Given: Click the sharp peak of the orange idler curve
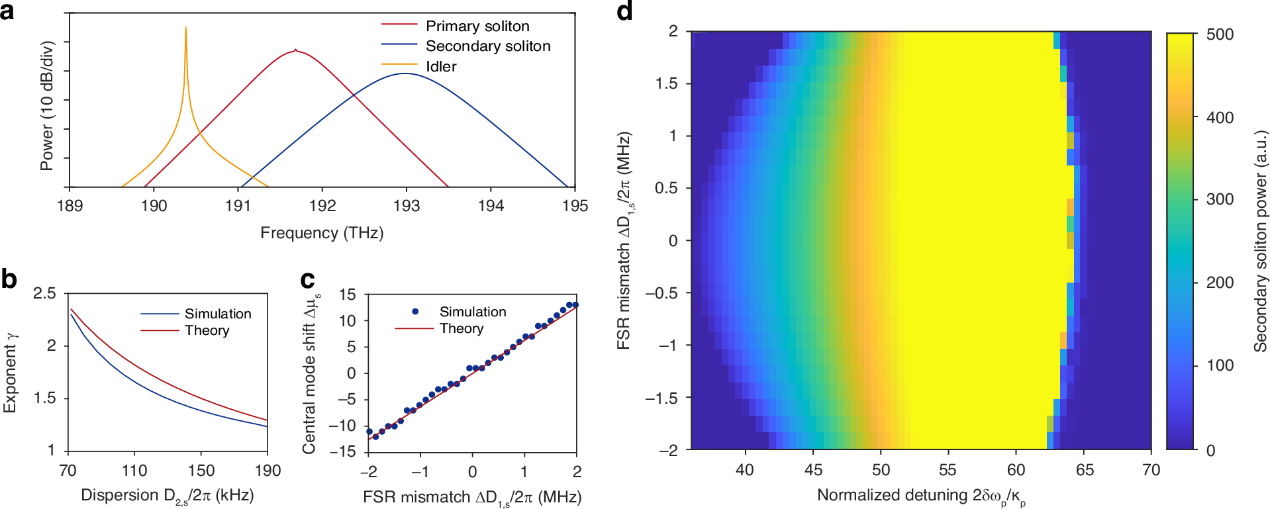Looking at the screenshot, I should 185,28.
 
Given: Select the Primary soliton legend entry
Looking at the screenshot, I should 477,26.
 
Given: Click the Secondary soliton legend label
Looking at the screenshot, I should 487,46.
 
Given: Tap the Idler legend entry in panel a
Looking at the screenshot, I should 440,67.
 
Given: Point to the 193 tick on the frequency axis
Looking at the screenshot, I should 406,206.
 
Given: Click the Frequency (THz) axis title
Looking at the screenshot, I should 322,233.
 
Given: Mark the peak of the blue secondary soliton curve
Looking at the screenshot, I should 405,73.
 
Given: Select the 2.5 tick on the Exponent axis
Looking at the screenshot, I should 45,293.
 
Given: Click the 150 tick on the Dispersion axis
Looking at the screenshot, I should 201,471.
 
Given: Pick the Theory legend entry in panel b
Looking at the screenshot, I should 207,330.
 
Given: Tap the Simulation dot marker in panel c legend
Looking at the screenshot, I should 415,311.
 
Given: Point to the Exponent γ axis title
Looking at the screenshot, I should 10,372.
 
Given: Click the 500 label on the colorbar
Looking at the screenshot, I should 1220,34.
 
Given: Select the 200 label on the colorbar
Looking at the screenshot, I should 1220,283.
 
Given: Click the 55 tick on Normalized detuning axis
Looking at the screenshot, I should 948,470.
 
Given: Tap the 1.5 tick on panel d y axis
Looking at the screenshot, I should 666,83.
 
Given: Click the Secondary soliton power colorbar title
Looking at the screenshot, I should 1260,241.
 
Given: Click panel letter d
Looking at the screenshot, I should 624,11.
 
